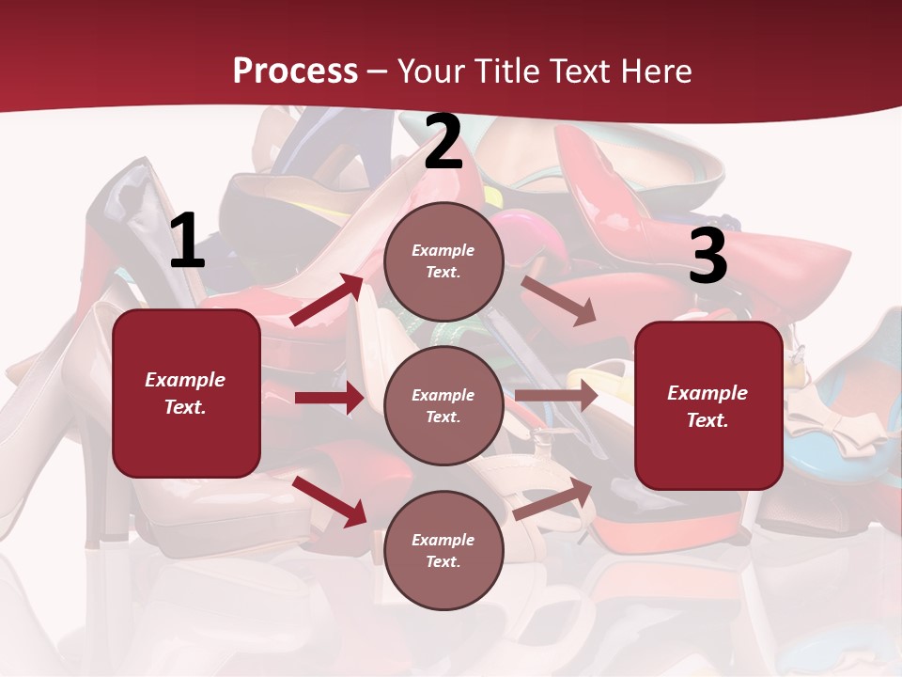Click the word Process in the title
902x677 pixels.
click(x=295, y=71)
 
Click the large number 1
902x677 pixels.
click(x=187, y=242)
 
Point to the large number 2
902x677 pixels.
click(x=443, y=143)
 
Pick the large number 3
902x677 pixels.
click(x=708, y=256)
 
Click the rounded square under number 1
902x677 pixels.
click(x=186, y=393)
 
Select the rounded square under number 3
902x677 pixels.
click(x=708, y=405)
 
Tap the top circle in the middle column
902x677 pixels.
click(x=443, y=261)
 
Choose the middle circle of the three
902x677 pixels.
click(x=443, y=405)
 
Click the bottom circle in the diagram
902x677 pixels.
click(x=443, y=550)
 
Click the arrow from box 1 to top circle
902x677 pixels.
click(x=326, y=300)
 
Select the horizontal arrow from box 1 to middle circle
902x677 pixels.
click(x=329, y=398)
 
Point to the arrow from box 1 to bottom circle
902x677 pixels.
click(x=329, y=501)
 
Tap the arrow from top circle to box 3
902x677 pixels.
click(x=558, y=300)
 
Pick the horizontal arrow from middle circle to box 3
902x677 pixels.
click(x=556, y=396)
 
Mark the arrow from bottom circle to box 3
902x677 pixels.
click(x=553, y=499)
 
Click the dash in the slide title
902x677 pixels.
click(x=378, y=71)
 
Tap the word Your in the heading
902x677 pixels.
click(x=429, y=71)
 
